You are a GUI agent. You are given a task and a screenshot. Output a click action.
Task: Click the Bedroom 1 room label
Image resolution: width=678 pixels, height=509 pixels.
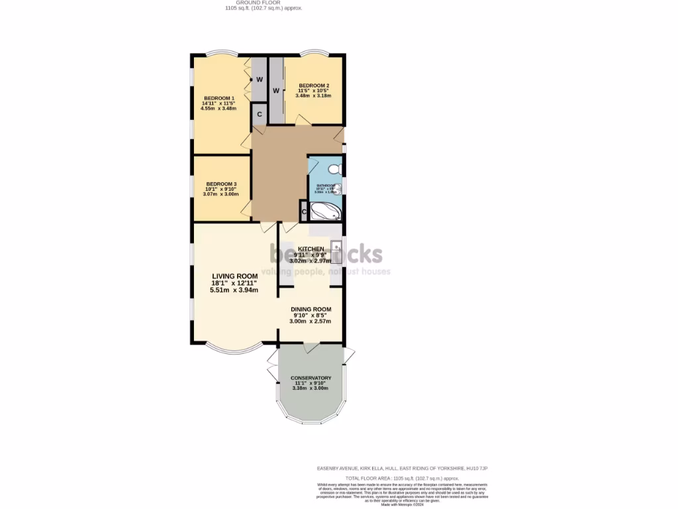[x=218, y=98]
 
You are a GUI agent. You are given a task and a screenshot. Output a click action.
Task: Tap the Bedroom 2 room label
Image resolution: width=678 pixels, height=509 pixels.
[x=313, y=85]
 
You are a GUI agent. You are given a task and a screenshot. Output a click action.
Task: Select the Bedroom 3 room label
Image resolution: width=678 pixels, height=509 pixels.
[x=221, y=184]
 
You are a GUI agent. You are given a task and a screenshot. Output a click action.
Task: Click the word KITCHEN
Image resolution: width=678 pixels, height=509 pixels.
[x=311, y=249]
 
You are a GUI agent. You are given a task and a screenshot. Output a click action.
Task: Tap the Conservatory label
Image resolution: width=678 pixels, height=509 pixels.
[x=311, y=378]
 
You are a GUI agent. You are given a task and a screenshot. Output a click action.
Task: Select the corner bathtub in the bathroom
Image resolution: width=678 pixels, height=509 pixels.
[x=326, y=211]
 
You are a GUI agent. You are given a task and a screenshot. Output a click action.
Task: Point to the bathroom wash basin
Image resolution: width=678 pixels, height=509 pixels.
[x=338, y=190]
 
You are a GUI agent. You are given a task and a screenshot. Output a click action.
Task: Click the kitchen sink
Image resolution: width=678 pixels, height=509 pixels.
[x=336, y=250]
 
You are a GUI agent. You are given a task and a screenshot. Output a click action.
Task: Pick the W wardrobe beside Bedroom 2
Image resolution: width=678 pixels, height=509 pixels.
[x=275, y=90]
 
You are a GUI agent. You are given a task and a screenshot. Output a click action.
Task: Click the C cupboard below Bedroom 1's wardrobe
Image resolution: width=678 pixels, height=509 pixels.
[x=259, y=114]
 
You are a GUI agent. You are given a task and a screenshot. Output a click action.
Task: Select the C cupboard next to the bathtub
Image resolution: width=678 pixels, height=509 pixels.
[x=304, y=211]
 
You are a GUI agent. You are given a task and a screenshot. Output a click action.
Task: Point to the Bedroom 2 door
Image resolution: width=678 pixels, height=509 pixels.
[x=303, y=120]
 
